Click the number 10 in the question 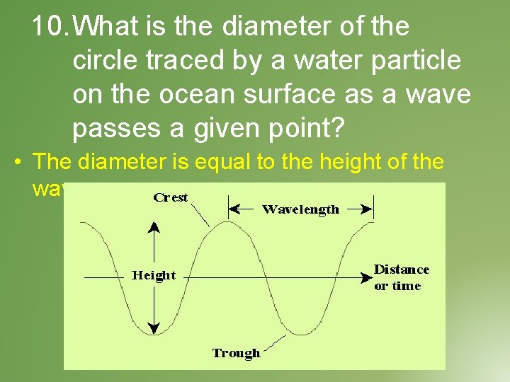point(50,27)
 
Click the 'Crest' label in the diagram point(171,197)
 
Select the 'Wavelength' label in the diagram point(300,209)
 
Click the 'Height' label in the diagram point(154,275)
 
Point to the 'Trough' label point(236,352)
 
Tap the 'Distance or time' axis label point(401,277)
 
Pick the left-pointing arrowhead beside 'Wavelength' point(234,209)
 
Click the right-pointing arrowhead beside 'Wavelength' point(368,209)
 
